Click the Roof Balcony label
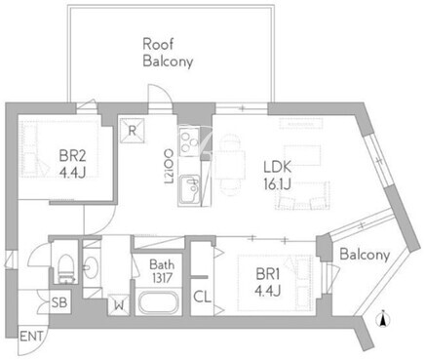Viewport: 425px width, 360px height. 168,53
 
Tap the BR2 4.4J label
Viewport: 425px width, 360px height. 73,164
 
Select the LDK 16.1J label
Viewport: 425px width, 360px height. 277,176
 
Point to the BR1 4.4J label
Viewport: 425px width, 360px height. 267,283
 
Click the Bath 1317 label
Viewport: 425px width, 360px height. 162,271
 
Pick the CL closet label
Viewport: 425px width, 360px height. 202,297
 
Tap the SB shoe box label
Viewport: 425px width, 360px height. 59,302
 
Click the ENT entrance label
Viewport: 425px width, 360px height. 31,337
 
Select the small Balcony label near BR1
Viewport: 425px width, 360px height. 365,254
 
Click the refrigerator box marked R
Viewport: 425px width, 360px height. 132,131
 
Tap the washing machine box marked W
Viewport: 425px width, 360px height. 120,304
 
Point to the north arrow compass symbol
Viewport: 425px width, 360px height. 383,319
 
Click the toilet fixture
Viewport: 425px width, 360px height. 66,268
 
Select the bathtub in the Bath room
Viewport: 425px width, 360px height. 159,302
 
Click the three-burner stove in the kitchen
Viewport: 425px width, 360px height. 189,141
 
